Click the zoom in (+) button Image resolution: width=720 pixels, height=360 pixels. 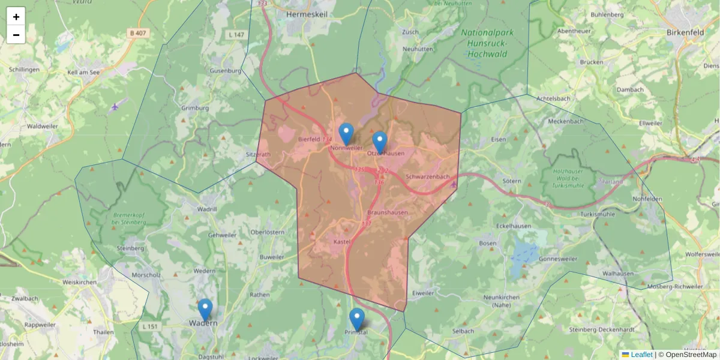pos(16,17)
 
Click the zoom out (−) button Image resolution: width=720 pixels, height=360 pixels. pos(16,35)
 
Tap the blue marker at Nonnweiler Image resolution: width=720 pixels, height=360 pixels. pos(346,134)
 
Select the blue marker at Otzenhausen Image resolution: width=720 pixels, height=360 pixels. pos(379,142)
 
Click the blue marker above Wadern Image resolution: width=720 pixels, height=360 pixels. pos(205,310)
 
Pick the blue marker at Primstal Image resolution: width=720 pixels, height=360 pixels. pos(357,319)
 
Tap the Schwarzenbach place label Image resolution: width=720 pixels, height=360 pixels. pos(427,177)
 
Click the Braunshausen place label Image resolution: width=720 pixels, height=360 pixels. pos(387,212)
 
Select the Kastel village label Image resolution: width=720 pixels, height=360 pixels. pos(341,241)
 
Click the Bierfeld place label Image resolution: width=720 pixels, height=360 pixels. pos(310,139)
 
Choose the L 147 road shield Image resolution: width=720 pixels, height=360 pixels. pos(236,35)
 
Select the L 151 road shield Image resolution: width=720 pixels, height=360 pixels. pos(151,326)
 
